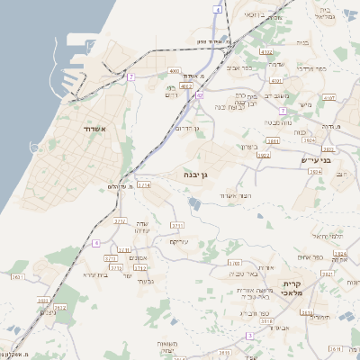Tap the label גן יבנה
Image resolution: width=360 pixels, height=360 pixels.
(x=195, y=173)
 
